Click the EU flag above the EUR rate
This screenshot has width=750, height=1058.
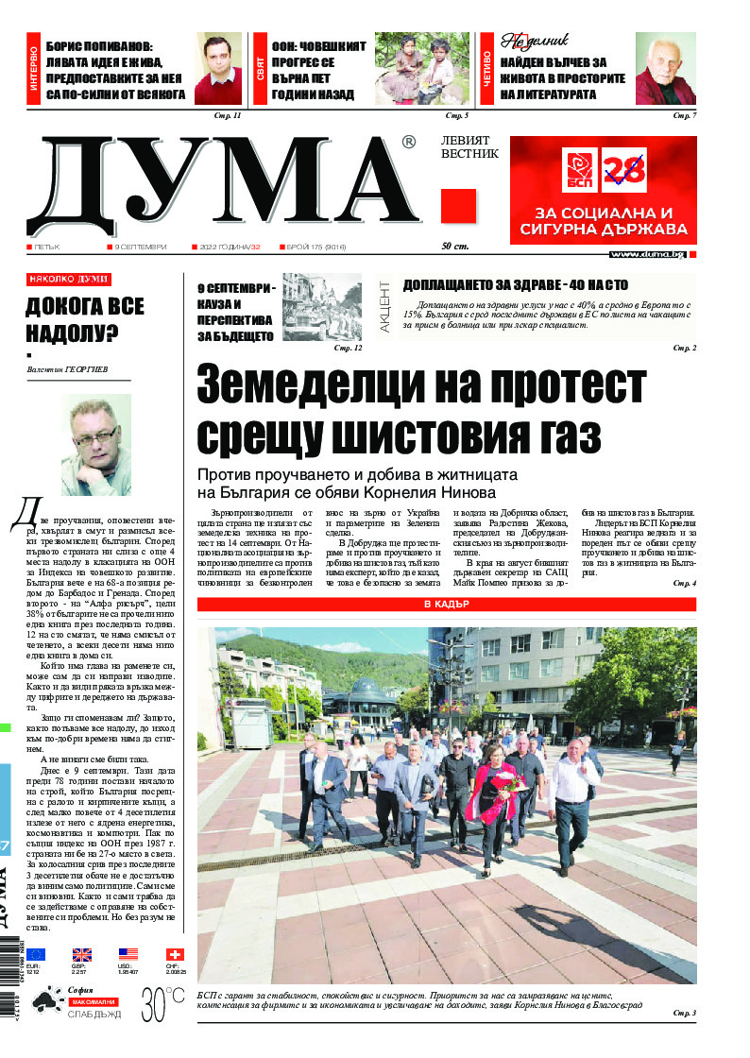pos(35,955)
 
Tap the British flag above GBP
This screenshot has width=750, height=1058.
pos(82,955)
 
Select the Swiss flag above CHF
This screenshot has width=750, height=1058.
pos(175,955)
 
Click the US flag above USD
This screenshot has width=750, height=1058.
pos(128,955)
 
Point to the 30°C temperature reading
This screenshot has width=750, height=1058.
pos(162,1002)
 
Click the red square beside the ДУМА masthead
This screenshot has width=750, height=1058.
pos(458,205)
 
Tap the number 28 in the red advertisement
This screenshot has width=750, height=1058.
pos(623,171)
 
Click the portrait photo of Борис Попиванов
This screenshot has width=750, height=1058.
pos(218,69)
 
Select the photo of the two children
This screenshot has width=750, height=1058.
pos(422,68)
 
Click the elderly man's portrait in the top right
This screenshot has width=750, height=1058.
pos(665,68)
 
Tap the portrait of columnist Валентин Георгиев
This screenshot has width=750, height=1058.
pos(96,445)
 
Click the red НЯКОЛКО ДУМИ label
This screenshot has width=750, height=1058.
pos(68,280)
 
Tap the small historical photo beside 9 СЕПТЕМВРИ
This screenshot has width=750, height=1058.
pos(322,306)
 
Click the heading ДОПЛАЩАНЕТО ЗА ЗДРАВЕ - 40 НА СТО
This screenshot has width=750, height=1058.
pos(515,284)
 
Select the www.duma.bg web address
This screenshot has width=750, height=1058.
pos(647,255)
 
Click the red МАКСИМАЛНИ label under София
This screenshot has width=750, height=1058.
pos(94,1000)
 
